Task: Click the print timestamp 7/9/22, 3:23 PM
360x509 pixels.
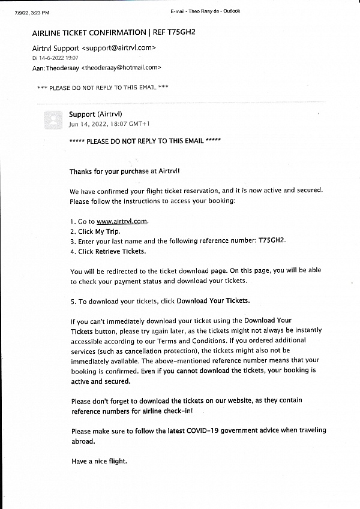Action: [x=32, y=12]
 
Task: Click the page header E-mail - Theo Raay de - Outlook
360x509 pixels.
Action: [x=205, y=11]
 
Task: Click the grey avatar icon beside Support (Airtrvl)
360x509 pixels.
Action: [x=53, y=120]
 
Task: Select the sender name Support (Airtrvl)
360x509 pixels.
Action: [x=95, y=115]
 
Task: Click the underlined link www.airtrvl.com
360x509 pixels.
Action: [x=122, y=221]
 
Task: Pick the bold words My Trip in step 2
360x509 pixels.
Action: [x=107, y=231]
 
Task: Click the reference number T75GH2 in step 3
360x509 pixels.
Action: [x=272, y=241]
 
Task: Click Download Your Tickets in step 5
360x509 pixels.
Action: [x=213, y=300]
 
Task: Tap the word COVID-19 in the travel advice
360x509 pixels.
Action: [x=202, y=431]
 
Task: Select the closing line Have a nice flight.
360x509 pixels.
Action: [x=99, y=461]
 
